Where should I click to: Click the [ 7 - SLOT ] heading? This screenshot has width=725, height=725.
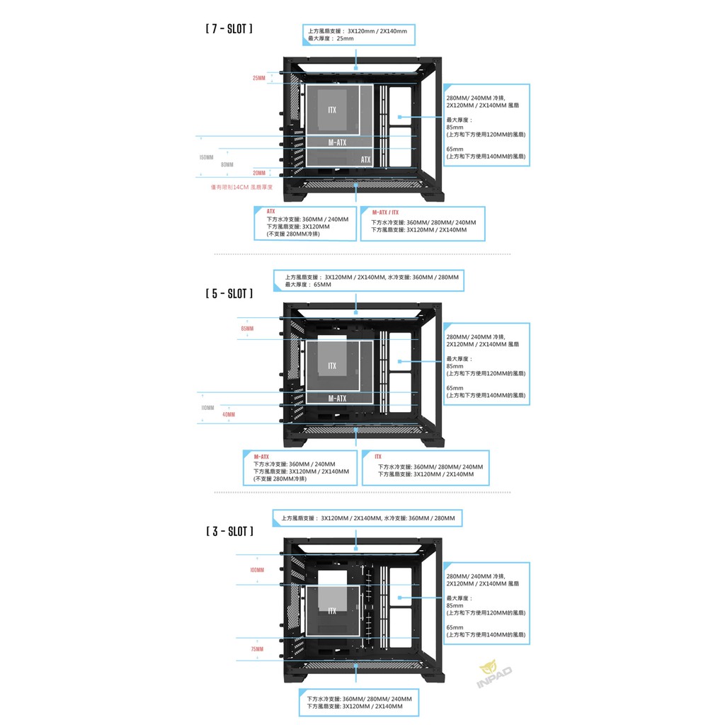click(228, 30)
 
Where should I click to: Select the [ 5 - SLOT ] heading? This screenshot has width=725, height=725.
click(229, 292)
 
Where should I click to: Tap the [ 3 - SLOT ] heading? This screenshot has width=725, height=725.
click(229, 530)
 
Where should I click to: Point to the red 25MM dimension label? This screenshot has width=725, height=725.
click(259, 78)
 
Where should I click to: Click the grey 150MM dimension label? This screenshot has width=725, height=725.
click(205, 157)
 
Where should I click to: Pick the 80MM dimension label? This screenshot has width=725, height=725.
click(227, 164)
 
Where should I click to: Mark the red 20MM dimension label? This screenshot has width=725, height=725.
click(259, 173)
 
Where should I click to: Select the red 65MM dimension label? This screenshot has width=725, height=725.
click(247, 329)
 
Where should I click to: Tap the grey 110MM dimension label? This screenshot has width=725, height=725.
click(207, 408)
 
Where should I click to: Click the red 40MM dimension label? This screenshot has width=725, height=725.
click(228, 414)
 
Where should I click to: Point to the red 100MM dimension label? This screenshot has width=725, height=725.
click(256, 570)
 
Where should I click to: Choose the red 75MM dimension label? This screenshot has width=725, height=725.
click(256, 649)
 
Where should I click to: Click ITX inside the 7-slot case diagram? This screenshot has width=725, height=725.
click(332, 110)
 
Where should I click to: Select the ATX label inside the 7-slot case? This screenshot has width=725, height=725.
click(365, 160)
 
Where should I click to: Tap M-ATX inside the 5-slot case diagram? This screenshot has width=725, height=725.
click(338, 399)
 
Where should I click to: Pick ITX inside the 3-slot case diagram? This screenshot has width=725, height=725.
click(332, 611)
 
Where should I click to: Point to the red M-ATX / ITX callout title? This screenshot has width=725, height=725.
click(385, 212)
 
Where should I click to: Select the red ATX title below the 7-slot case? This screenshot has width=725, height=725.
click(271, 211)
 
